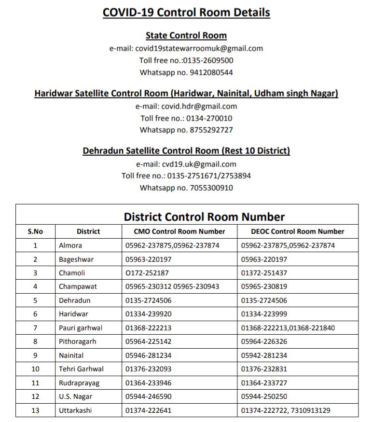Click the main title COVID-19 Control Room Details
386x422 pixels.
(186, 12)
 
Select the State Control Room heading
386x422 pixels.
(186, 36)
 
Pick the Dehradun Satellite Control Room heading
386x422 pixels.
(186, 151)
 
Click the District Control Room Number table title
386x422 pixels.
(204, 217)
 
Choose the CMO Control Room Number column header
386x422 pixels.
(179, 231)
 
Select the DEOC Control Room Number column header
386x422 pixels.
(298, 231)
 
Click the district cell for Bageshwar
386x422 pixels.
(76, 259)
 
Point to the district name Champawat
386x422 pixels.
(78, 286)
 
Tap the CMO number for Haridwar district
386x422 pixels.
(148, 314)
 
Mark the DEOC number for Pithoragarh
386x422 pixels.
(264, 341)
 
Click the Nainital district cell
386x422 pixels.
(71, 355)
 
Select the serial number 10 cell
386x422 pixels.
(35, 369)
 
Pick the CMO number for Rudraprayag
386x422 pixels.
(148, 383)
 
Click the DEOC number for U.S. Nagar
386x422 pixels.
(264, 396)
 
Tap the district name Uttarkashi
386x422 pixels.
(75, 410)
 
